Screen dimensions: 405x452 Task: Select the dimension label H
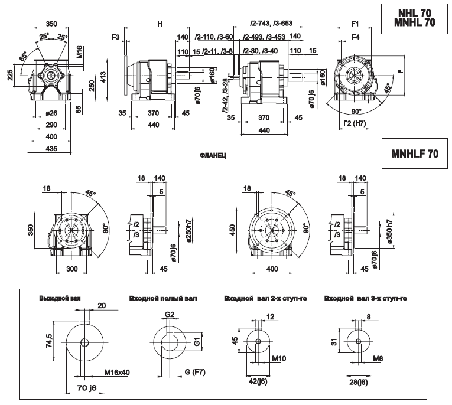160,24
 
